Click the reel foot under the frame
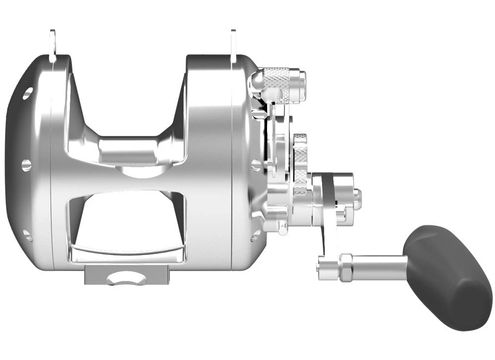[x=126, y=275]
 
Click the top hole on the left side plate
[x=27, y=92]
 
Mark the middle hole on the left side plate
[x=26, y=165]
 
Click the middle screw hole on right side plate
[x=256, y=164]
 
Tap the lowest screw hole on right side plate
[x=256, y=235]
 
